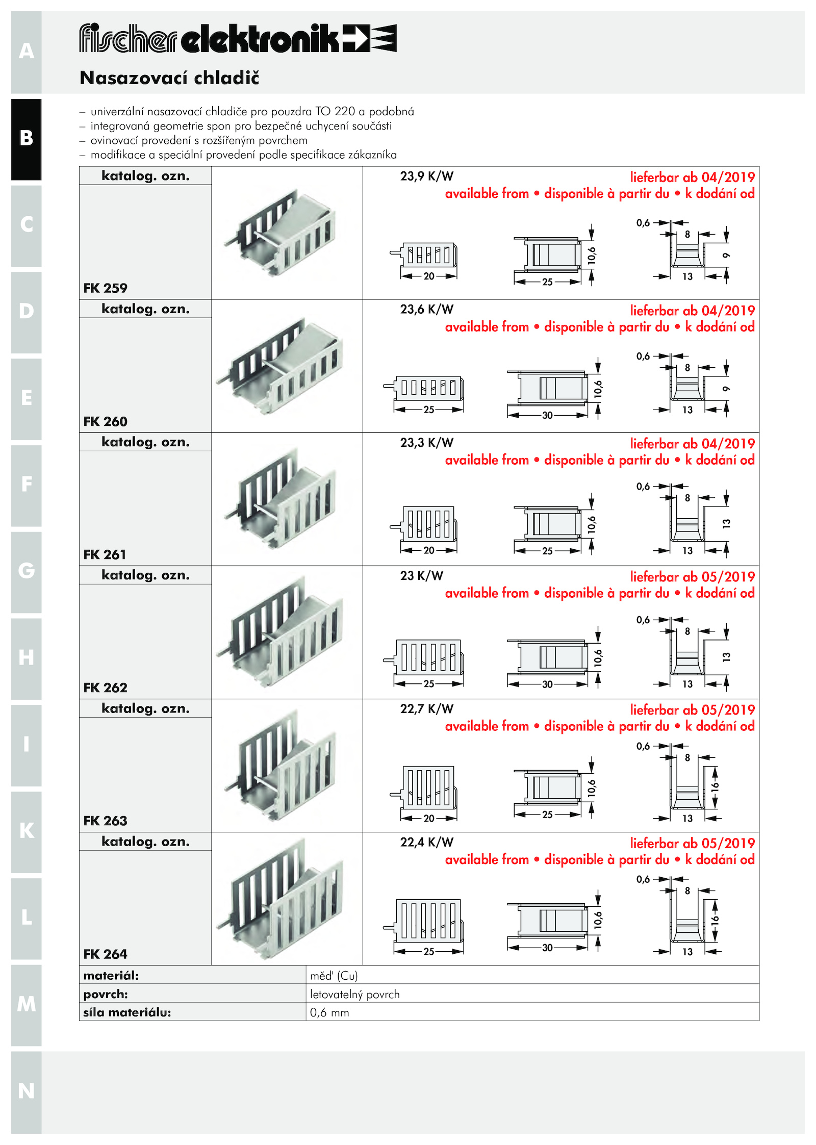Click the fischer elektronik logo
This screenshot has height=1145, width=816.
tap(238, 38)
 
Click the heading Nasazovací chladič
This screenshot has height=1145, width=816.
tap(169, 78)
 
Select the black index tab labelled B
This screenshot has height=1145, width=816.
tap(27, 139)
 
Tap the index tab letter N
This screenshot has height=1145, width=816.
tap(27, 1090)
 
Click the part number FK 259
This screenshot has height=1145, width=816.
tap(105, 288)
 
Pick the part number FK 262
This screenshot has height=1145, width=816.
tap(105, 688)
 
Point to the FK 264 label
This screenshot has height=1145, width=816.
tap(105, 954)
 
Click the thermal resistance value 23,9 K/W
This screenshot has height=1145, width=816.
tap(426, 176)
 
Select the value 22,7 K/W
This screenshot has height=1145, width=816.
tap(426, 709)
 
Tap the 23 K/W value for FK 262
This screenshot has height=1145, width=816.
tap(421, 576)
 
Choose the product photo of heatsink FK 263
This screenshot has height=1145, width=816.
tap(280, 765)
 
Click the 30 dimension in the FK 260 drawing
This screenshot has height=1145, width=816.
tap(547, 415)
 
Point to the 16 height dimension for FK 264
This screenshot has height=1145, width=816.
tap(715, 920)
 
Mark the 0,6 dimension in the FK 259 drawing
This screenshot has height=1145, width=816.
tap(643, 223)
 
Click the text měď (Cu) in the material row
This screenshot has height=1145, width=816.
tap(334, 976)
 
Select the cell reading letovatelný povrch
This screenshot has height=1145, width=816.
tap(355, 994)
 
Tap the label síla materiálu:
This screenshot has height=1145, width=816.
tap(127, 1012)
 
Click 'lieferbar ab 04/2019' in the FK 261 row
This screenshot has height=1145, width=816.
tap(692, 444)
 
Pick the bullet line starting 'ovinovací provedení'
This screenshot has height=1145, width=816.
tap(199, 140)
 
